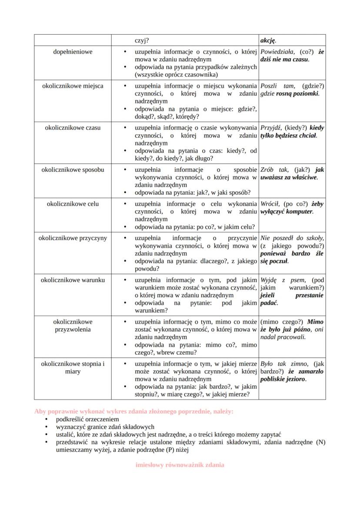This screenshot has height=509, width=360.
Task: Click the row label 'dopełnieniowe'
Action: coord(73,52)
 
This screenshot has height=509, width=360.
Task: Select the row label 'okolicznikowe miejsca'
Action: coord(73,86)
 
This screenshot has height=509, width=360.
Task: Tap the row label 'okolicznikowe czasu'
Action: coord(73,128)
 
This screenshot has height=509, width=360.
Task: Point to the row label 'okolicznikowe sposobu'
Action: coord(73,170)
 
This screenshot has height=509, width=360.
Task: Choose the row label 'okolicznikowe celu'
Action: coord(73,204)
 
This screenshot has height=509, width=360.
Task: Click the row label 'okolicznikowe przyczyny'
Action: coord(73,238)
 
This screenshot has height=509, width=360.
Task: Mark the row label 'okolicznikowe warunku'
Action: coord(73,280)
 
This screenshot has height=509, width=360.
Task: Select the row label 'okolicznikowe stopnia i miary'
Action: coord(73,367)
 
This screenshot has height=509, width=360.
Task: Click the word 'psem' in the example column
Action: coord(298,280)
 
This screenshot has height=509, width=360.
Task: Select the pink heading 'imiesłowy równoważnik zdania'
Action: coord(180,465)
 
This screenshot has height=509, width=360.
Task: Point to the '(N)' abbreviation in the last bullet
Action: coord(320,442)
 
